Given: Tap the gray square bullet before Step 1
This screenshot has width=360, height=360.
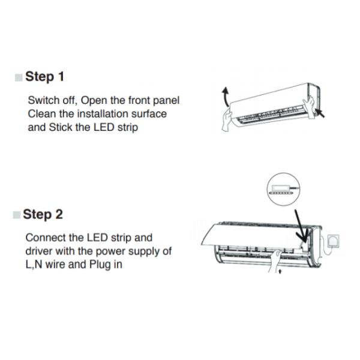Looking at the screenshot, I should tap(19, 77).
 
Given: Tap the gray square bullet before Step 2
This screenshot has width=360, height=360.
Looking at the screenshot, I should tap(17, 215).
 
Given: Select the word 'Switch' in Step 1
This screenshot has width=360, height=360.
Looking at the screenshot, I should tap(44, 100).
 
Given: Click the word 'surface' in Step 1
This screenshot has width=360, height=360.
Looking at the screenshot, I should tap(148, 114).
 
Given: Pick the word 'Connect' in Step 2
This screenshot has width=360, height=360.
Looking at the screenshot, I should tap(47, 238).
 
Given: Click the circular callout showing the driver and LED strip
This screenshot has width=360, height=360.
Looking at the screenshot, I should tap(282, 190).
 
